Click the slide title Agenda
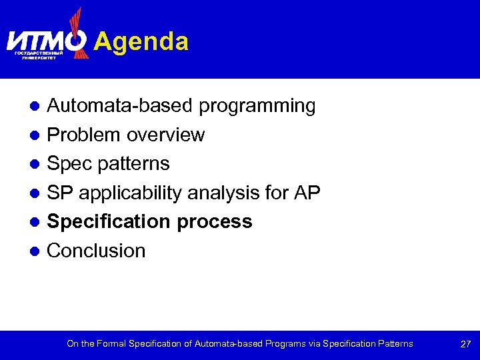coord(141,41)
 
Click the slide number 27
coord(465,344)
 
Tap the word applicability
coord(131,193)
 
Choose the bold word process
coord(216,221)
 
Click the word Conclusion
coord(96,251)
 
